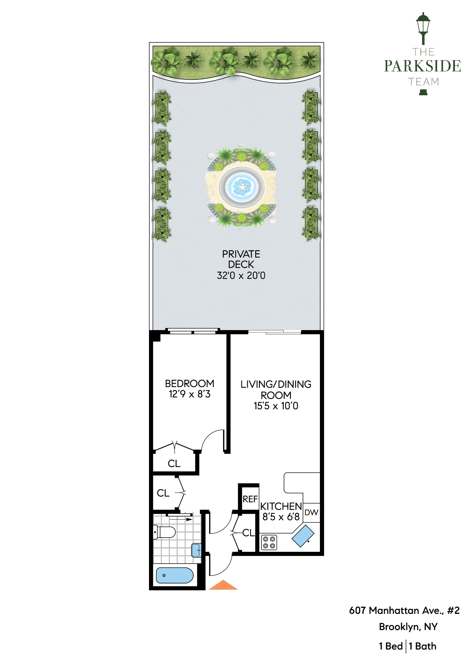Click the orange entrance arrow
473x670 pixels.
click(223, 585)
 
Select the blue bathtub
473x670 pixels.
click(175, 575)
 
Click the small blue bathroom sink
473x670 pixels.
click(196, 550)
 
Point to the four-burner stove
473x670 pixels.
click(269, 543)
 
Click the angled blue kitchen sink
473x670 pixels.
click(303, 536)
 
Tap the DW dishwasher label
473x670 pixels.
click(311, 512)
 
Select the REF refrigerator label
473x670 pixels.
click(250, 499)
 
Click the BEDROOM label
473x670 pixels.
click(190, 383)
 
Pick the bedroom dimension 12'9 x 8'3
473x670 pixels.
click(190, 394)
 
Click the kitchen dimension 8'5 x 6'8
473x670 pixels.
click(281, 517)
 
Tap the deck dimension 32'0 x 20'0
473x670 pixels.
click(241, 275)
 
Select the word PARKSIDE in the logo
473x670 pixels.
click(423, 66)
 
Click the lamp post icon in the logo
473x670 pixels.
click(423, 29)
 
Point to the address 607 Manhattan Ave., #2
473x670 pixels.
click(404, 610)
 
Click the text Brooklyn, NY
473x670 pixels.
click(408, 627)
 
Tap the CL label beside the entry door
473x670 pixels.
click(248, 533)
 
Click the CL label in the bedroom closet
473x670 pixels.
click(174, 463)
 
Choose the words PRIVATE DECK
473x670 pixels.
click(241, 259)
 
